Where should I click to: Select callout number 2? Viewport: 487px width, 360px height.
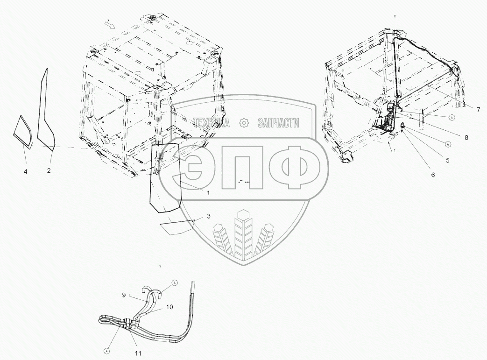pos(49,170)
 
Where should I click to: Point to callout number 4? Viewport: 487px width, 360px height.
pos(26,171)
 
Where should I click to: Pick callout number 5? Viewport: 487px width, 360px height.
pos(447,160)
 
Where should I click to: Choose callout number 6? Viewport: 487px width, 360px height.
pos(432,175)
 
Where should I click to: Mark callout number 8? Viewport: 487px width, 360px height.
pos(466,138)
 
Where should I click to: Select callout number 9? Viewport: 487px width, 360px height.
pos(124,295)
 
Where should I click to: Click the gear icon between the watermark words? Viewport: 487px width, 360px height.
pos(243,123)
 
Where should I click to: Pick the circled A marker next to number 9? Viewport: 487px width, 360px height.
pos(175,282)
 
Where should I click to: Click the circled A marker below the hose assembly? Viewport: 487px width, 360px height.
pos(107,349)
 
